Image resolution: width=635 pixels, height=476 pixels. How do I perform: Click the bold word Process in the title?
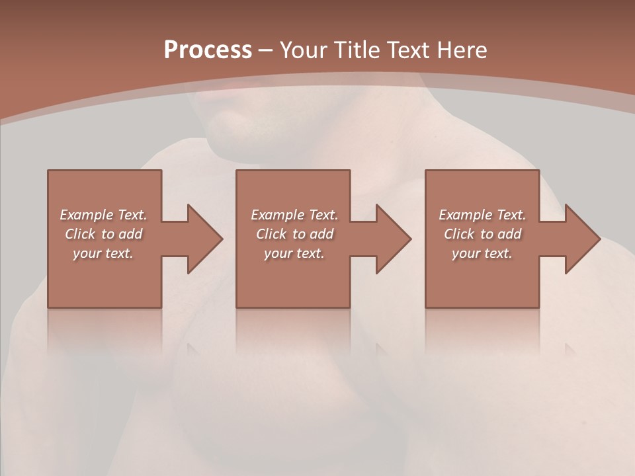pos(208,50)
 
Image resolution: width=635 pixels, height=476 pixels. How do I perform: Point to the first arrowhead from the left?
pos(202,239)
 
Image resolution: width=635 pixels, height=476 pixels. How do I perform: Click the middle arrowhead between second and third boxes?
pos(391,239)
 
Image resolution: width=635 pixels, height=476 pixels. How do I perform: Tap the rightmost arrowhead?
pos(579,239)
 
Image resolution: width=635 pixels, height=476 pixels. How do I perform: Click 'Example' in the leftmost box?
pos(86,215)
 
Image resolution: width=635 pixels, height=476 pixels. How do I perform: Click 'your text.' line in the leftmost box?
pos(103,253)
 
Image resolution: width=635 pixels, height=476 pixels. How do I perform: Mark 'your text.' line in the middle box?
pos(294,253)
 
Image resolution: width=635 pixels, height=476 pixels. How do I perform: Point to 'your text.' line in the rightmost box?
pos(482,253)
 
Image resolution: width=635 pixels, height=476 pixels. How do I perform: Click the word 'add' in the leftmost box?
pos(130,234)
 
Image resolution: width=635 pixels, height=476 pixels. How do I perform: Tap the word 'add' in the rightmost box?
pos(509,234)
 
